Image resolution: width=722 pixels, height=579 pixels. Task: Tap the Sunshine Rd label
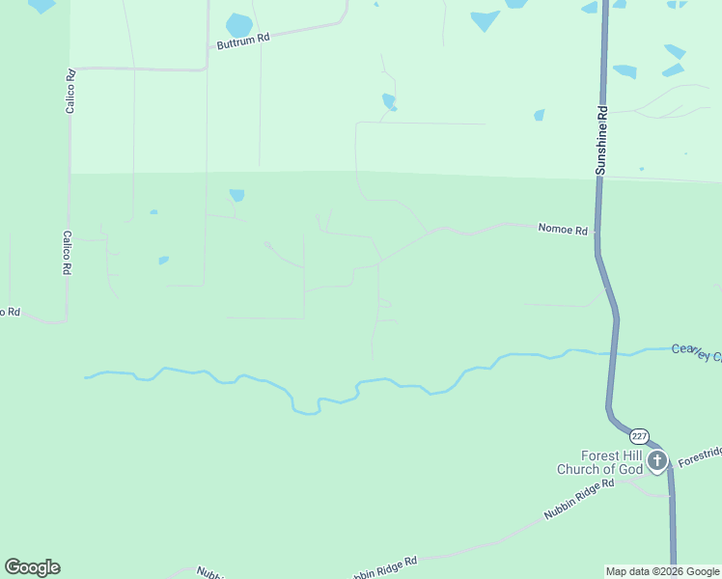tap(601, 141)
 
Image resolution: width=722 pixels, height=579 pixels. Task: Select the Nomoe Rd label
tap(563, 230)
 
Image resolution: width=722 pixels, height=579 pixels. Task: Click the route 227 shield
tap(641, 436)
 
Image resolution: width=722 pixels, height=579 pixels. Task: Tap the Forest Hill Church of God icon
tap(657, 460)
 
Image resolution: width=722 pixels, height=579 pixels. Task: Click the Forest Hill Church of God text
tap(598, 462)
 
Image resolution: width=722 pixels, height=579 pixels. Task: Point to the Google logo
tap(32, 567)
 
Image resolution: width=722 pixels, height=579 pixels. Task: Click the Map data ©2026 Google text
tap(663, 571)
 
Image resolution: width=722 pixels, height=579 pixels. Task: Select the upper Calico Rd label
tap(70, 92)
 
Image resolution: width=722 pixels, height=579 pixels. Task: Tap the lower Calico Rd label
tap(68, 253)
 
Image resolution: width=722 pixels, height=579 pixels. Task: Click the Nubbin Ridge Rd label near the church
tap(579, 499)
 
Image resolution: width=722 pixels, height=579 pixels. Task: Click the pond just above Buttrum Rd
tap(238, 24)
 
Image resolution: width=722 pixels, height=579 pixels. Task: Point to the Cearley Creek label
tap(697, 352)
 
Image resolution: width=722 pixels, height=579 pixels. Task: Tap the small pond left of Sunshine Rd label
tap(539, 115)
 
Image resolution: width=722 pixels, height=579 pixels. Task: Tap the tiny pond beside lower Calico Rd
tap(164, 260)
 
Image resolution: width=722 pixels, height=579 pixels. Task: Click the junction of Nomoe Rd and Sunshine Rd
tap(597, 232)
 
